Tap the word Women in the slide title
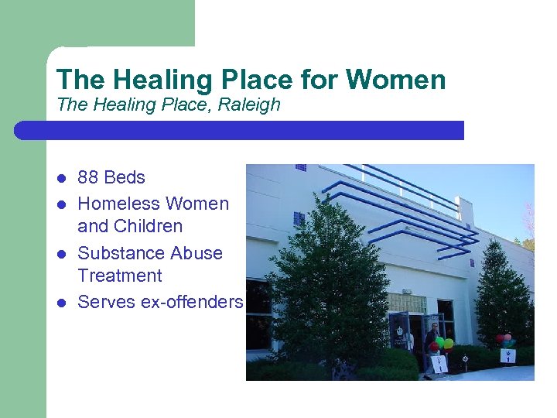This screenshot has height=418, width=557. (396, 80)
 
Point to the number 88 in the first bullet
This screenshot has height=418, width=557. (88, 177)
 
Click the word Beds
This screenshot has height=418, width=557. (125, 177)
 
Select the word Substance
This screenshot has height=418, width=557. (117, 253)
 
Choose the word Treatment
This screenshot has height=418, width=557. (120, 276)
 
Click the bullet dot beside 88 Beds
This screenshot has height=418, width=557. (61, 178)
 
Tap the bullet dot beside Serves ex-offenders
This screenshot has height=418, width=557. (61, 303)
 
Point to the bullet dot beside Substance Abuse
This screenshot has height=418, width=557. (61, 254)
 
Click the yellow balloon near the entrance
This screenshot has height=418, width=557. (448, 344)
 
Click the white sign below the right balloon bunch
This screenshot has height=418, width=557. (507, 356)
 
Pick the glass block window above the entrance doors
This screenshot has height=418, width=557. (407, 303)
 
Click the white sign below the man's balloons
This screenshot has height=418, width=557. (439, 363)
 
